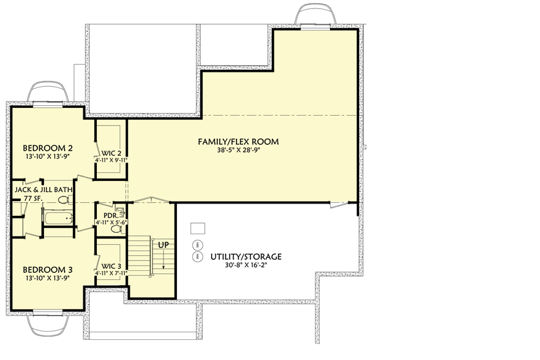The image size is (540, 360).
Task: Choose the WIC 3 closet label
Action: pos(110,266)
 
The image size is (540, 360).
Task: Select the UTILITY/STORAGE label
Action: pos(245,257)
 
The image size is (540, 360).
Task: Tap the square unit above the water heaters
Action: pos(198,228)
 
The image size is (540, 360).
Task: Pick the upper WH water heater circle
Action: pos(197,246)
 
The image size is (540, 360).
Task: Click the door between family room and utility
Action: pos(337,205)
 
